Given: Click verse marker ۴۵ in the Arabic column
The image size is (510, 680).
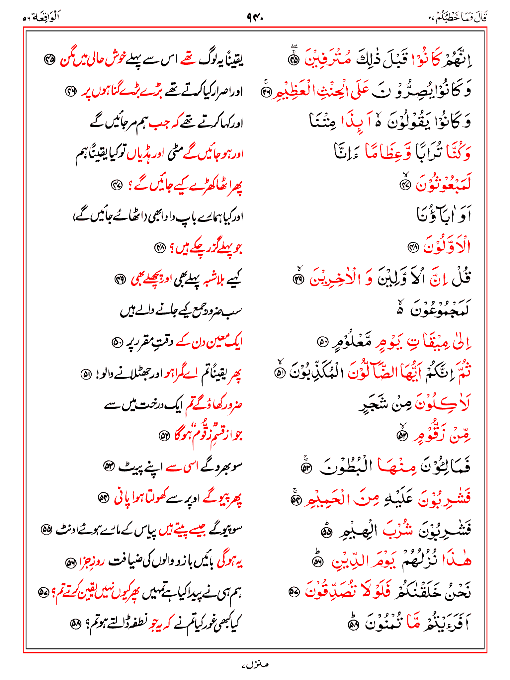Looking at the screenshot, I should click(294, 60).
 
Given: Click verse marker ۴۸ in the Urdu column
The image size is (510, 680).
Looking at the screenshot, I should click(160, 247).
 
